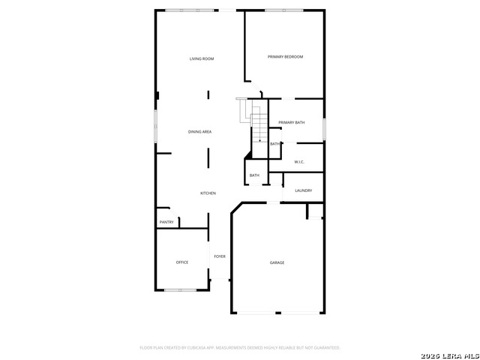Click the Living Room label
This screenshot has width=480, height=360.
(x=202, y=58)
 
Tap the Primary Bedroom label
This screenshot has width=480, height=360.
(x=286, y=57)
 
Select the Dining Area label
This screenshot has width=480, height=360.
(x=199, y=132)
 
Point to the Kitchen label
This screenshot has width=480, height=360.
(x=208, y=193)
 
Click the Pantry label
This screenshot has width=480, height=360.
(x=166, y=222)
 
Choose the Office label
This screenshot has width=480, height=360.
(x=182, y=262)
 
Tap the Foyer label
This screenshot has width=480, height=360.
(x=220, y=256)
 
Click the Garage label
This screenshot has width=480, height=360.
(x=277, y=262)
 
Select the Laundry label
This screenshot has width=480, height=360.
(x=303, y=190)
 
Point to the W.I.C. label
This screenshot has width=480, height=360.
(x=298, y=162)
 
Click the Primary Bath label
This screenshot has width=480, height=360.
(x=291, y=122)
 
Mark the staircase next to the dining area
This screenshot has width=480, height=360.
(x=258, y=124)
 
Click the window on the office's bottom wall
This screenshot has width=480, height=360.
(x=181, y=290)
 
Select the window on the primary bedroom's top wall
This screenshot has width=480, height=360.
(x=285, y=10)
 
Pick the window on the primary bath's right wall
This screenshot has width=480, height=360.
(x=324, y=128)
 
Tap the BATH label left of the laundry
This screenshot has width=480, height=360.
(x=254, y=175)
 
